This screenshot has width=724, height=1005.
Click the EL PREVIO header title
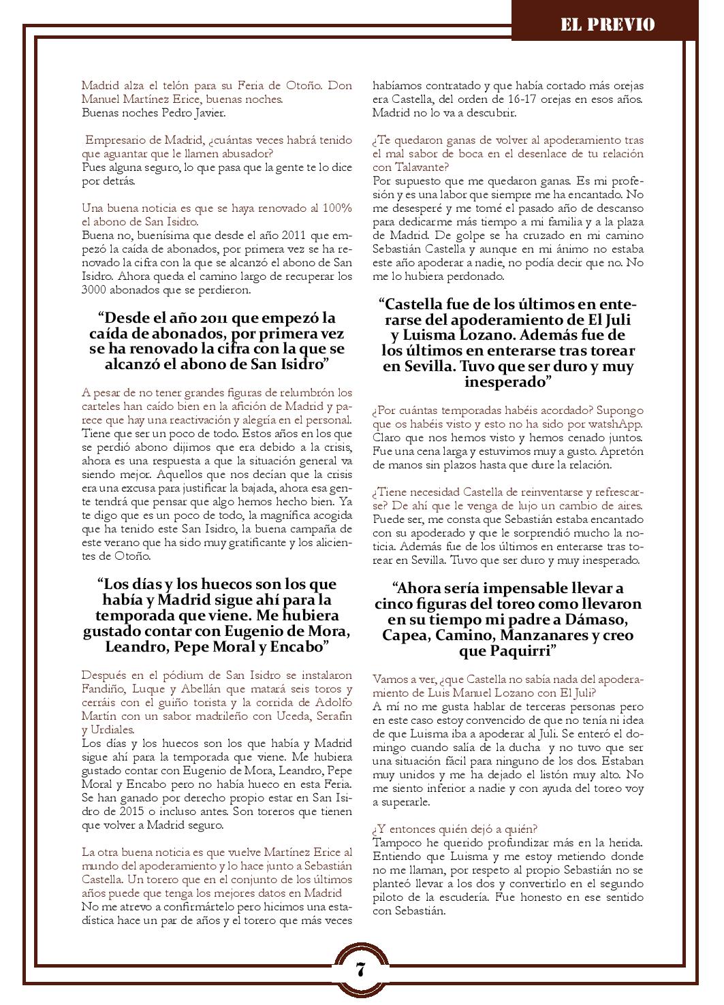point(608,25)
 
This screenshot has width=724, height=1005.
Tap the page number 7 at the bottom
point(360,969)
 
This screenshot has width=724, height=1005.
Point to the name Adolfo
point(332,703)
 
